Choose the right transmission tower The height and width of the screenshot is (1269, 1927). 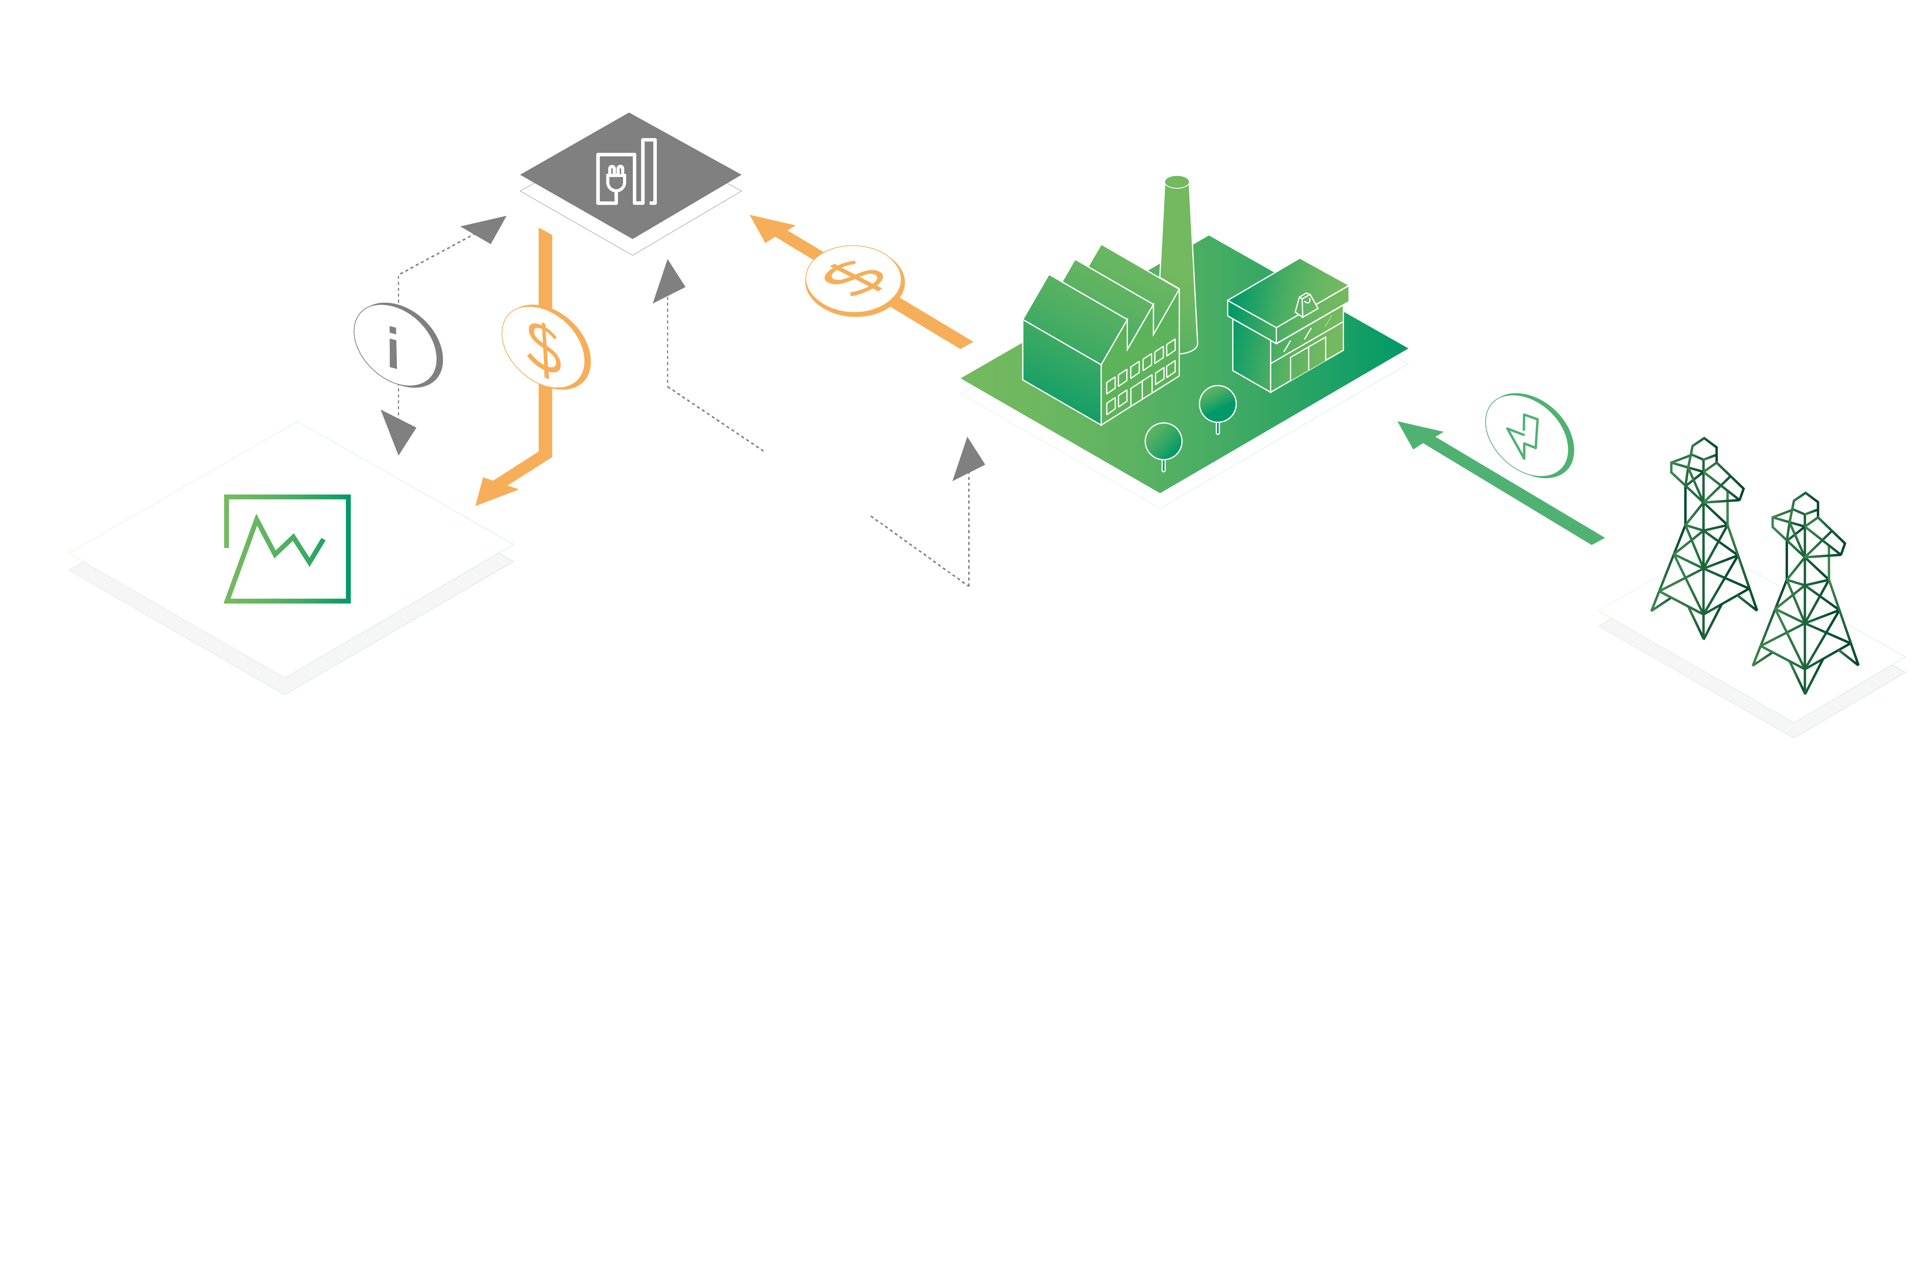coord(1805,595)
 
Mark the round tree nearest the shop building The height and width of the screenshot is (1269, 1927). coord(1217,405)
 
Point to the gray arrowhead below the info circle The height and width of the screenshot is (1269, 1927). coord(398,431)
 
